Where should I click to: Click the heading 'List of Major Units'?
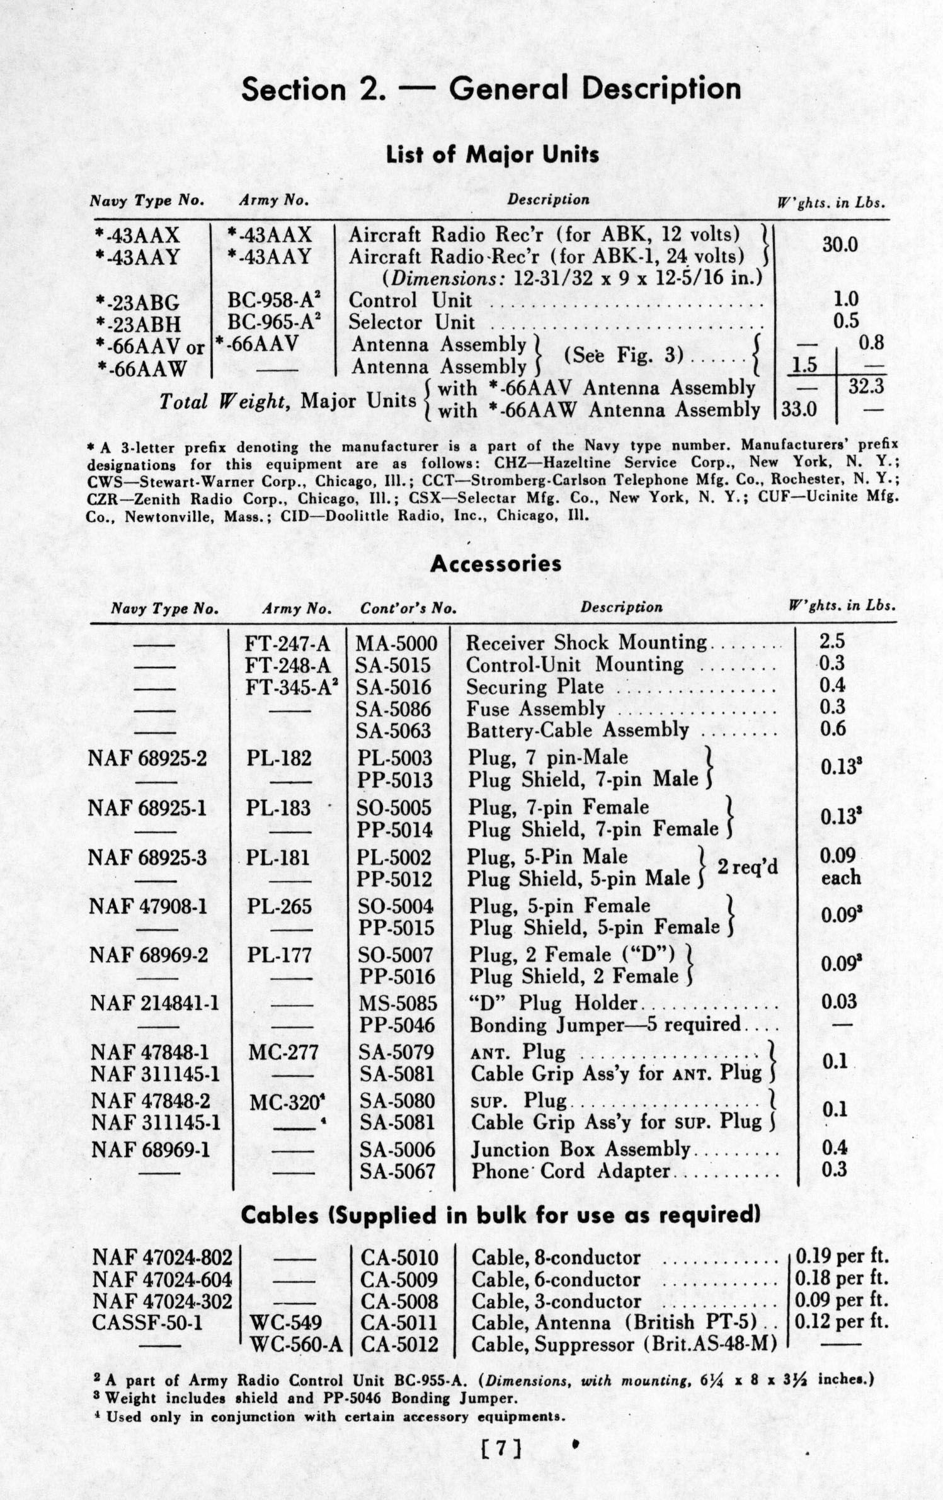click(x=492, y=155)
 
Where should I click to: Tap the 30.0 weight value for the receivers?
click(x=840, y=245)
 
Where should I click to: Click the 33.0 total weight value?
click(x=799, y=410)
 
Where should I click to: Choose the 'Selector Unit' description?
click(x=411, y=322)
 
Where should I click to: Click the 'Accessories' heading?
click(x=496, y=564)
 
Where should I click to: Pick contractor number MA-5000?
click(x=396, y=643)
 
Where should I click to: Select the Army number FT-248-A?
click(x=287, y=665)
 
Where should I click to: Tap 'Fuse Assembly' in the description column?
click(x=535, y=709)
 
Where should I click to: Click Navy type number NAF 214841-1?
click(x=154, y=1003)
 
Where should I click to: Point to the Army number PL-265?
click(x=279, y=906)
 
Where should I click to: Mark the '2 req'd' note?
click(x=748, y=867)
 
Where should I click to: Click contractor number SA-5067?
click(x=397, y=1171)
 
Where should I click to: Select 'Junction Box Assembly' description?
click(x=580, y=1149)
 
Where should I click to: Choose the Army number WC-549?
click(x=287, y=1323)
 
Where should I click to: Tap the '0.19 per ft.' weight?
click(x=842, y=1257)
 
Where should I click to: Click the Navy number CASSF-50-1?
click(x=147, y=1323)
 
